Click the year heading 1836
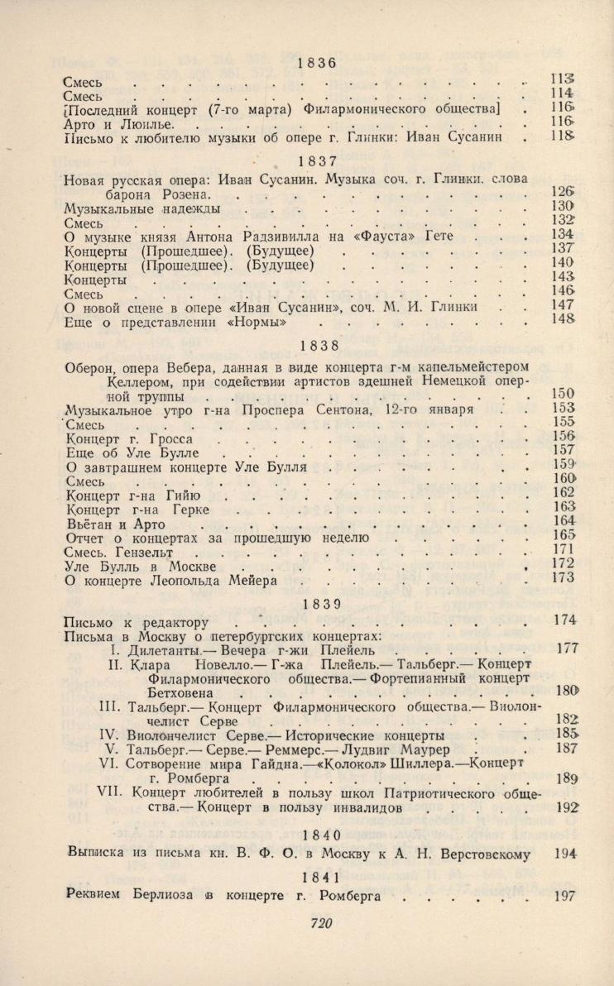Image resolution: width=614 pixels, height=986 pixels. pos(314,63)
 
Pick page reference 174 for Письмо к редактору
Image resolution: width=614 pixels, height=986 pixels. pos(567,620)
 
